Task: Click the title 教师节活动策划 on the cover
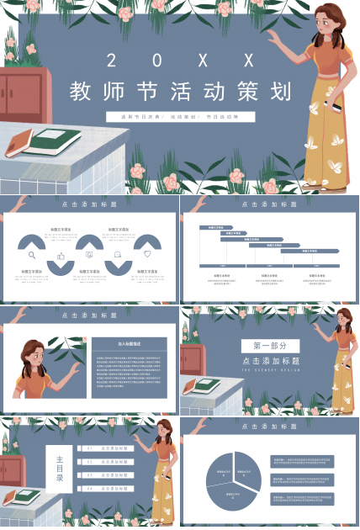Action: [x=180, y=91]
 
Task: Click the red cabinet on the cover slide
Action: [x=24, y=92]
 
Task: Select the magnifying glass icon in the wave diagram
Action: [x=32, y=254]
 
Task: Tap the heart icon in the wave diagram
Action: [x=147, y=254]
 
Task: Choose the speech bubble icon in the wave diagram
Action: [x=118, y=254]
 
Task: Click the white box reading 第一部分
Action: [x=270, y=345]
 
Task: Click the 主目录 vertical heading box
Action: [x=59, y=468]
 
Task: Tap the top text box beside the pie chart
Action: [x=302, y=462]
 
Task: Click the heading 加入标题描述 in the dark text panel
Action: [x=129, y=343]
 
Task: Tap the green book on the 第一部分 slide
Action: [x=203, y=386]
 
